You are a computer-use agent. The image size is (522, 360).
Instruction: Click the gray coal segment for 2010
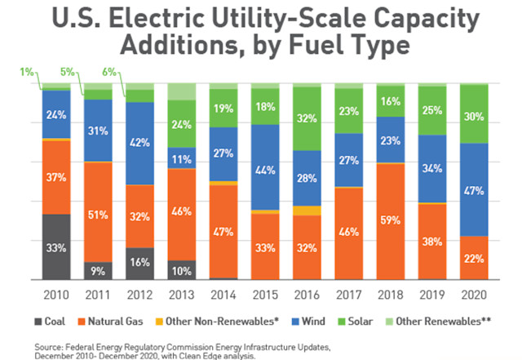(x=56, y=247)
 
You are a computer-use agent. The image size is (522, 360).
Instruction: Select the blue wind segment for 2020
(x=474, y=189)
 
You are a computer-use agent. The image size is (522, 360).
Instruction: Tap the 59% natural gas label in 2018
(x=391, y=220)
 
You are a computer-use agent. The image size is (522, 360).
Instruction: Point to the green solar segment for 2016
(x=307, y=118)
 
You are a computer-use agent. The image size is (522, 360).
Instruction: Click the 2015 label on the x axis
(x=265, y=295)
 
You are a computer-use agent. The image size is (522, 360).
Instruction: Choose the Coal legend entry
(x=50, y=322)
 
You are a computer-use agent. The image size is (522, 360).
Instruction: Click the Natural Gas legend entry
(x=111, y=322)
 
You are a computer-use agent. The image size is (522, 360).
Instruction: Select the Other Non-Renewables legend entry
(x=217, y=322)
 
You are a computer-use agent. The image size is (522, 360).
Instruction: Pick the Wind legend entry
(x=308, y=322)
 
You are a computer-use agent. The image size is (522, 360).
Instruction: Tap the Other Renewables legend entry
(x=439, y=322)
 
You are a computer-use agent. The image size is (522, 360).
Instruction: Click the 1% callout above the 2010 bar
(x=27, y=72)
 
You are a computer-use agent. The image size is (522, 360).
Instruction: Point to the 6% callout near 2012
(x=109, y=72)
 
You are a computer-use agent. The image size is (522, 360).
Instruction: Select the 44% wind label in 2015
(x=265, y=171)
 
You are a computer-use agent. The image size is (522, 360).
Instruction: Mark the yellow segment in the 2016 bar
(x=307, y=211)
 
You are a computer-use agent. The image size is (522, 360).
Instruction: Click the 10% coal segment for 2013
(x=182, y=270)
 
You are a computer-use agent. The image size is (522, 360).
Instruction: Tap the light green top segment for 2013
(x=182, y=91)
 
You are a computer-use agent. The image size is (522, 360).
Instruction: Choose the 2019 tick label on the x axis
(x=432, y=295)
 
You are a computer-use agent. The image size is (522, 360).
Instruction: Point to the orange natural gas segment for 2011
(x=98, y=212)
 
